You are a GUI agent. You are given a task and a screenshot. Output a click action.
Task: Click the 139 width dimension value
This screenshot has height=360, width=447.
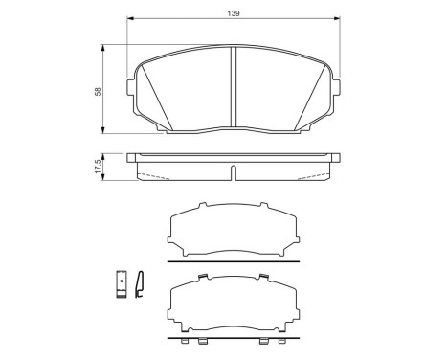coord(234,13)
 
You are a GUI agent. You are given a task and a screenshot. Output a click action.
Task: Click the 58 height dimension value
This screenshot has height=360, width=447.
coord(98,91)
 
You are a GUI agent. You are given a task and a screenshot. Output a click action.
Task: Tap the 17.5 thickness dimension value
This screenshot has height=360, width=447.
coord(98,167)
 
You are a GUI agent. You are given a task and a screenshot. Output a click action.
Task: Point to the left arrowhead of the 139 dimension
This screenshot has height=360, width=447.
coord(130,18)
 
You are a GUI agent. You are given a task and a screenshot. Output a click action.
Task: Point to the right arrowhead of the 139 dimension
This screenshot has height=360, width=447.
coord(337,18)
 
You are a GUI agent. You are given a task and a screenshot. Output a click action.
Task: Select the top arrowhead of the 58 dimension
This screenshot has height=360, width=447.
coord(102,48)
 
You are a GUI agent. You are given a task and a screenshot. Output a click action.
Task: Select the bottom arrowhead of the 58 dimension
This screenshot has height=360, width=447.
coord(102,130)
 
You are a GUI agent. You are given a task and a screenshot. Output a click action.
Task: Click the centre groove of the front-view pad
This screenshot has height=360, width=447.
coord(234,87)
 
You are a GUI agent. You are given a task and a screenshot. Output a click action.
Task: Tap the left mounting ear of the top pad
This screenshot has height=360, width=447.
coord(131,87)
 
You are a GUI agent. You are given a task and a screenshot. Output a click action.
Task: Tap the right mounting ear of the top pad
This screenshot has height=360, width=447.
coord(336,87)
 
